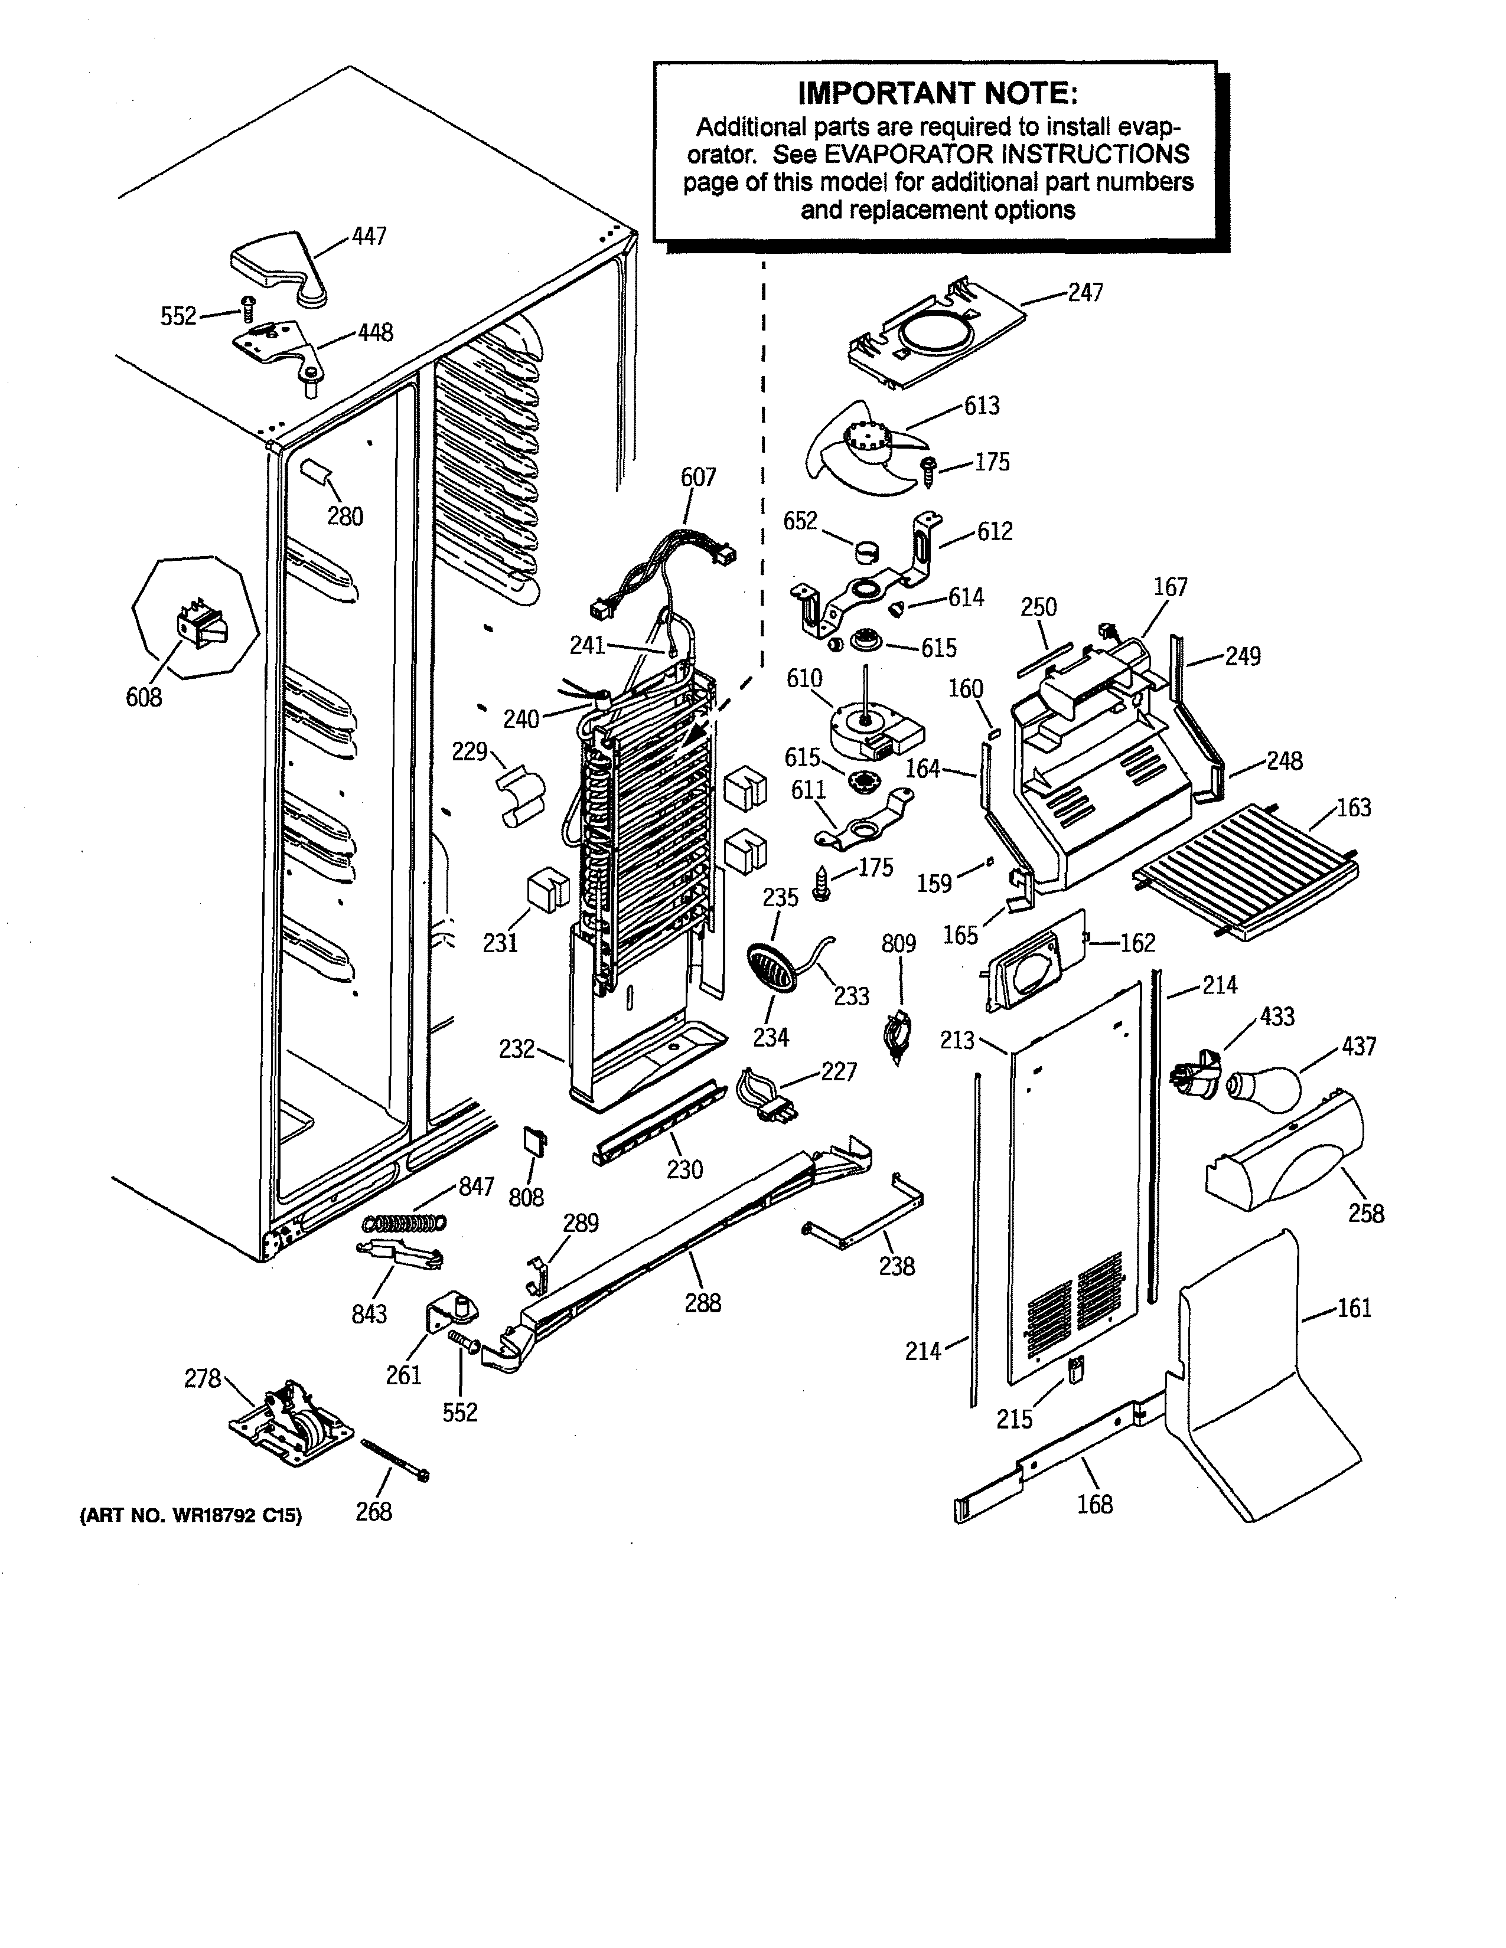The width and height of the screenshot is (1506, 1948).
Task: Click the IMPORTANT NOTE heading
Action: point(936,93)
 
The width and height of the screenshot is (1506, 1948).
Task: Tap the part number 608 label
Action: point(144,698)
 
